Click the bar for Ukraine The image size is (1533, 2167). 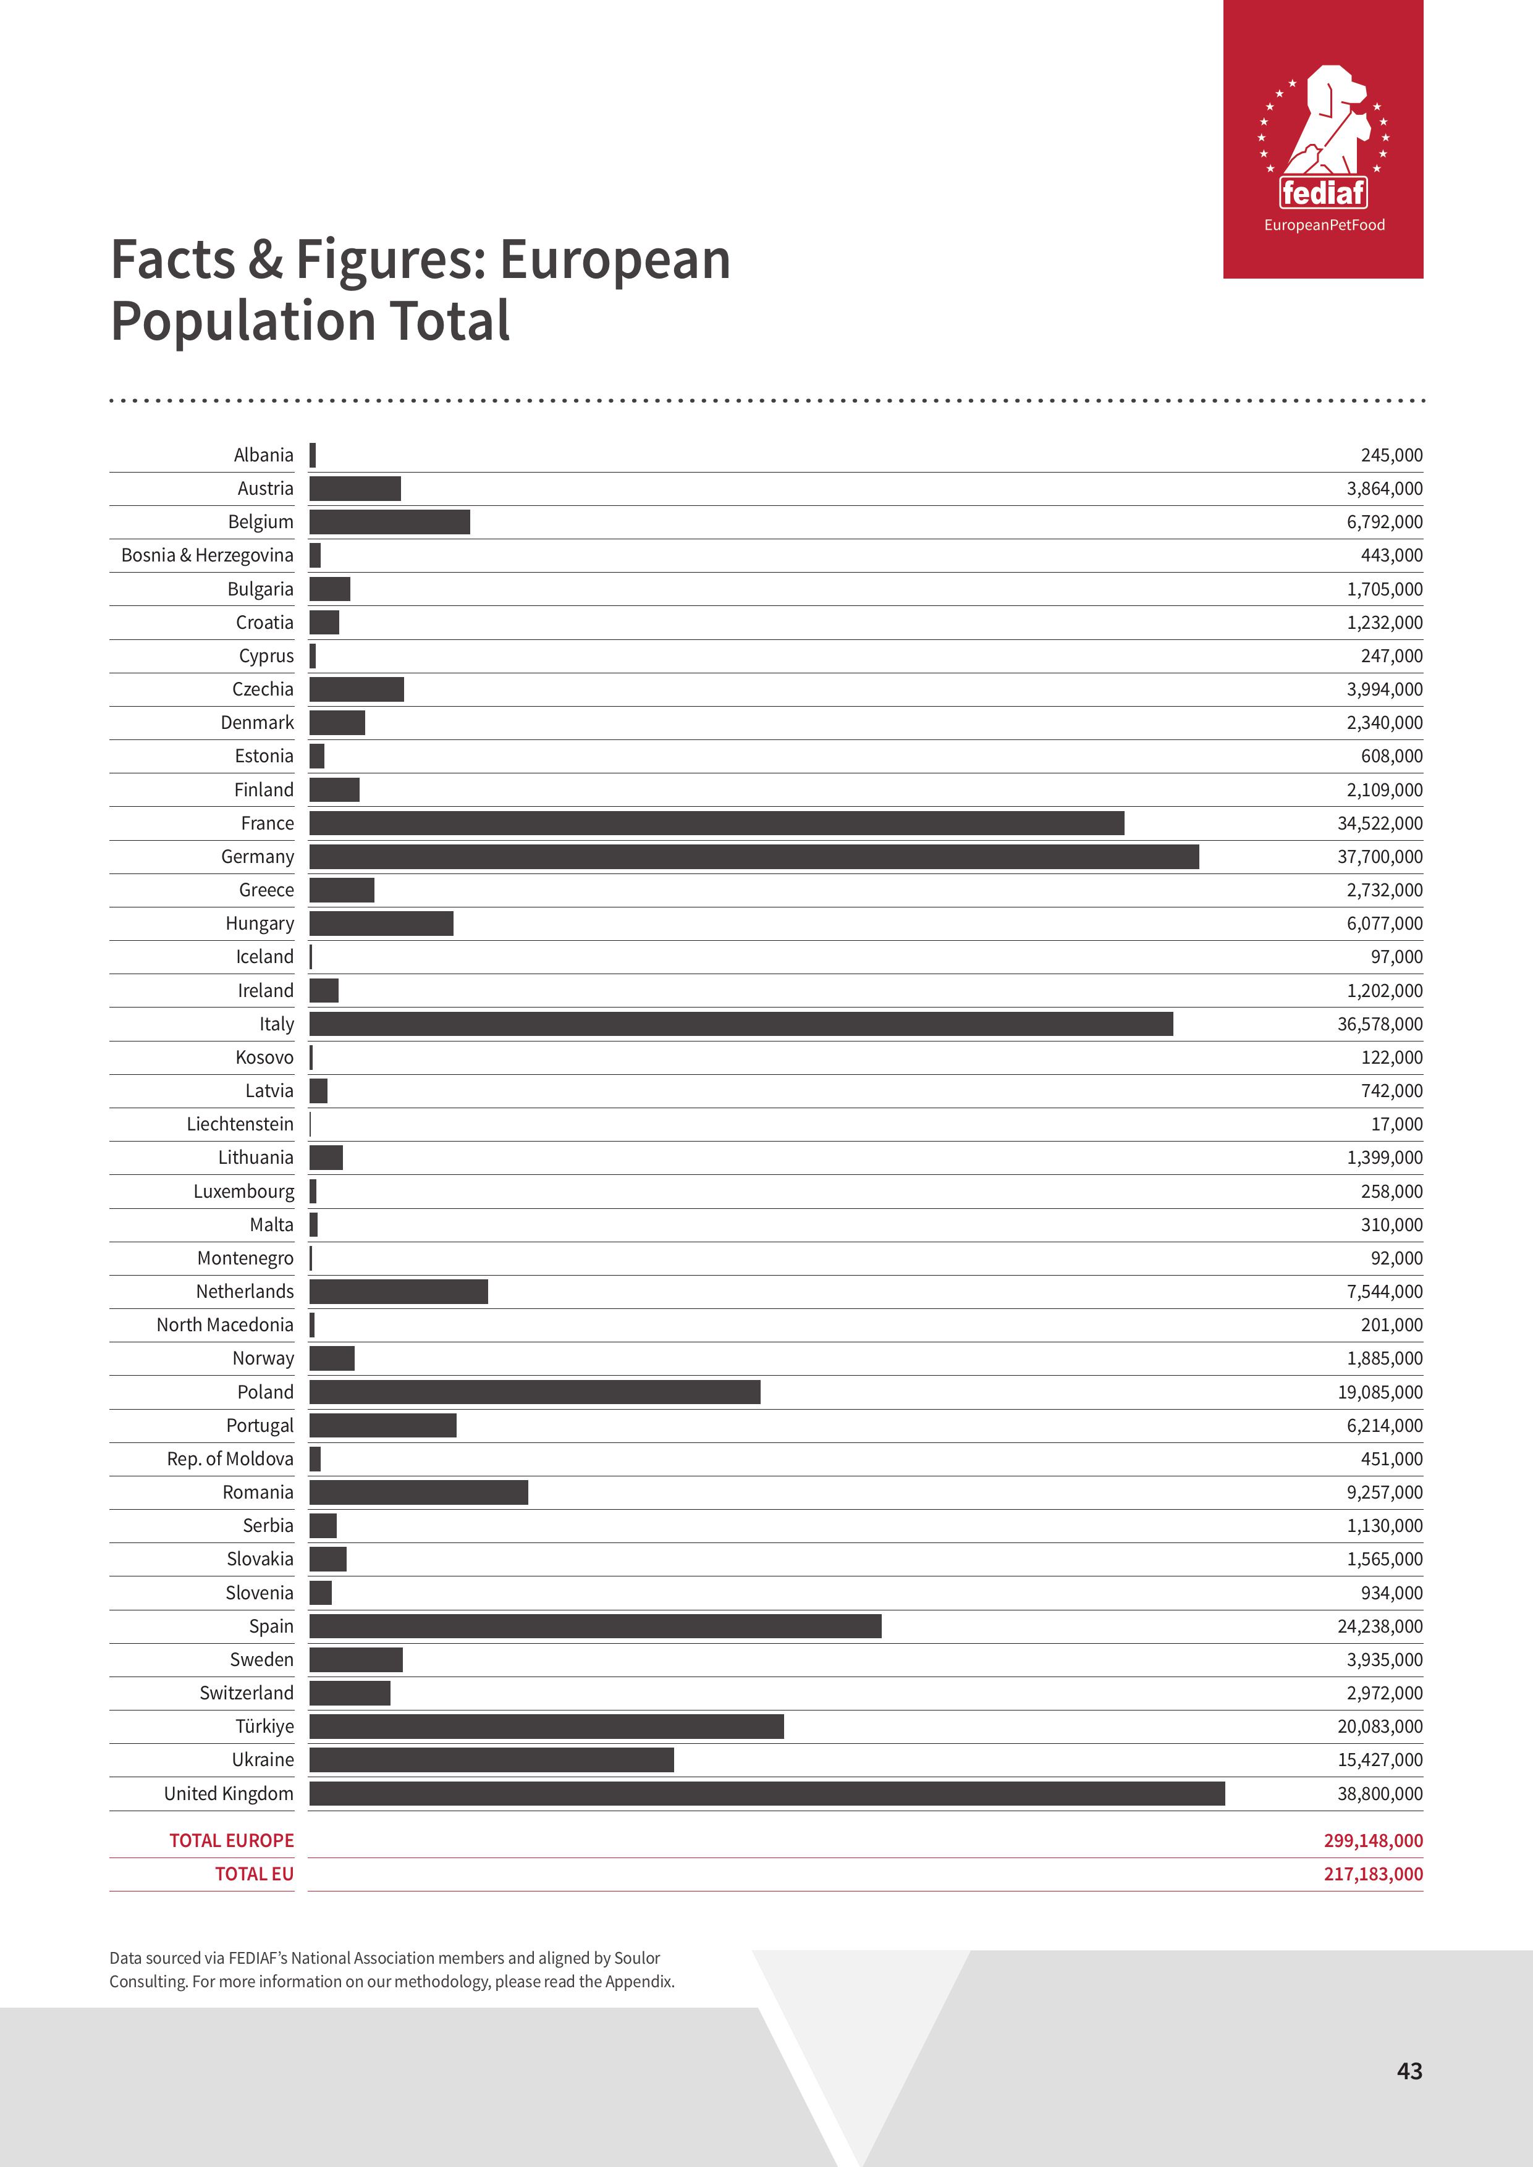click(x=491, y=1759)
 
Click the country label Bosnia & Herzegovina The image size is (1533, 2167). click(x=207, y=555)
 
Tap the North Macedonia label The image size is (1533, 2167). click(x=225, y=1324)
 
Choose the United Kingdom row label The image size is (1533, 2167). click(x=229, y=1793)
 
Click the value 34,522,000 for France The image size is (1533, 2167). click(x=1379, y=823)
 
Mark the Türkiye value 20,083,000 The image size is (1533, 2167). click(x=1379, y=1726)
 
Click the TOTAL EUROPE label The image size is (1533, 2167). click(x=231, y=1840)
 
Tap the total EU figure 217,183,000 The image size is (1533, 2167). click(x=1372, y=1874)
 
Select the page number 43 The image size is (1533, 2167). click(x=1408, y=2071)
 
